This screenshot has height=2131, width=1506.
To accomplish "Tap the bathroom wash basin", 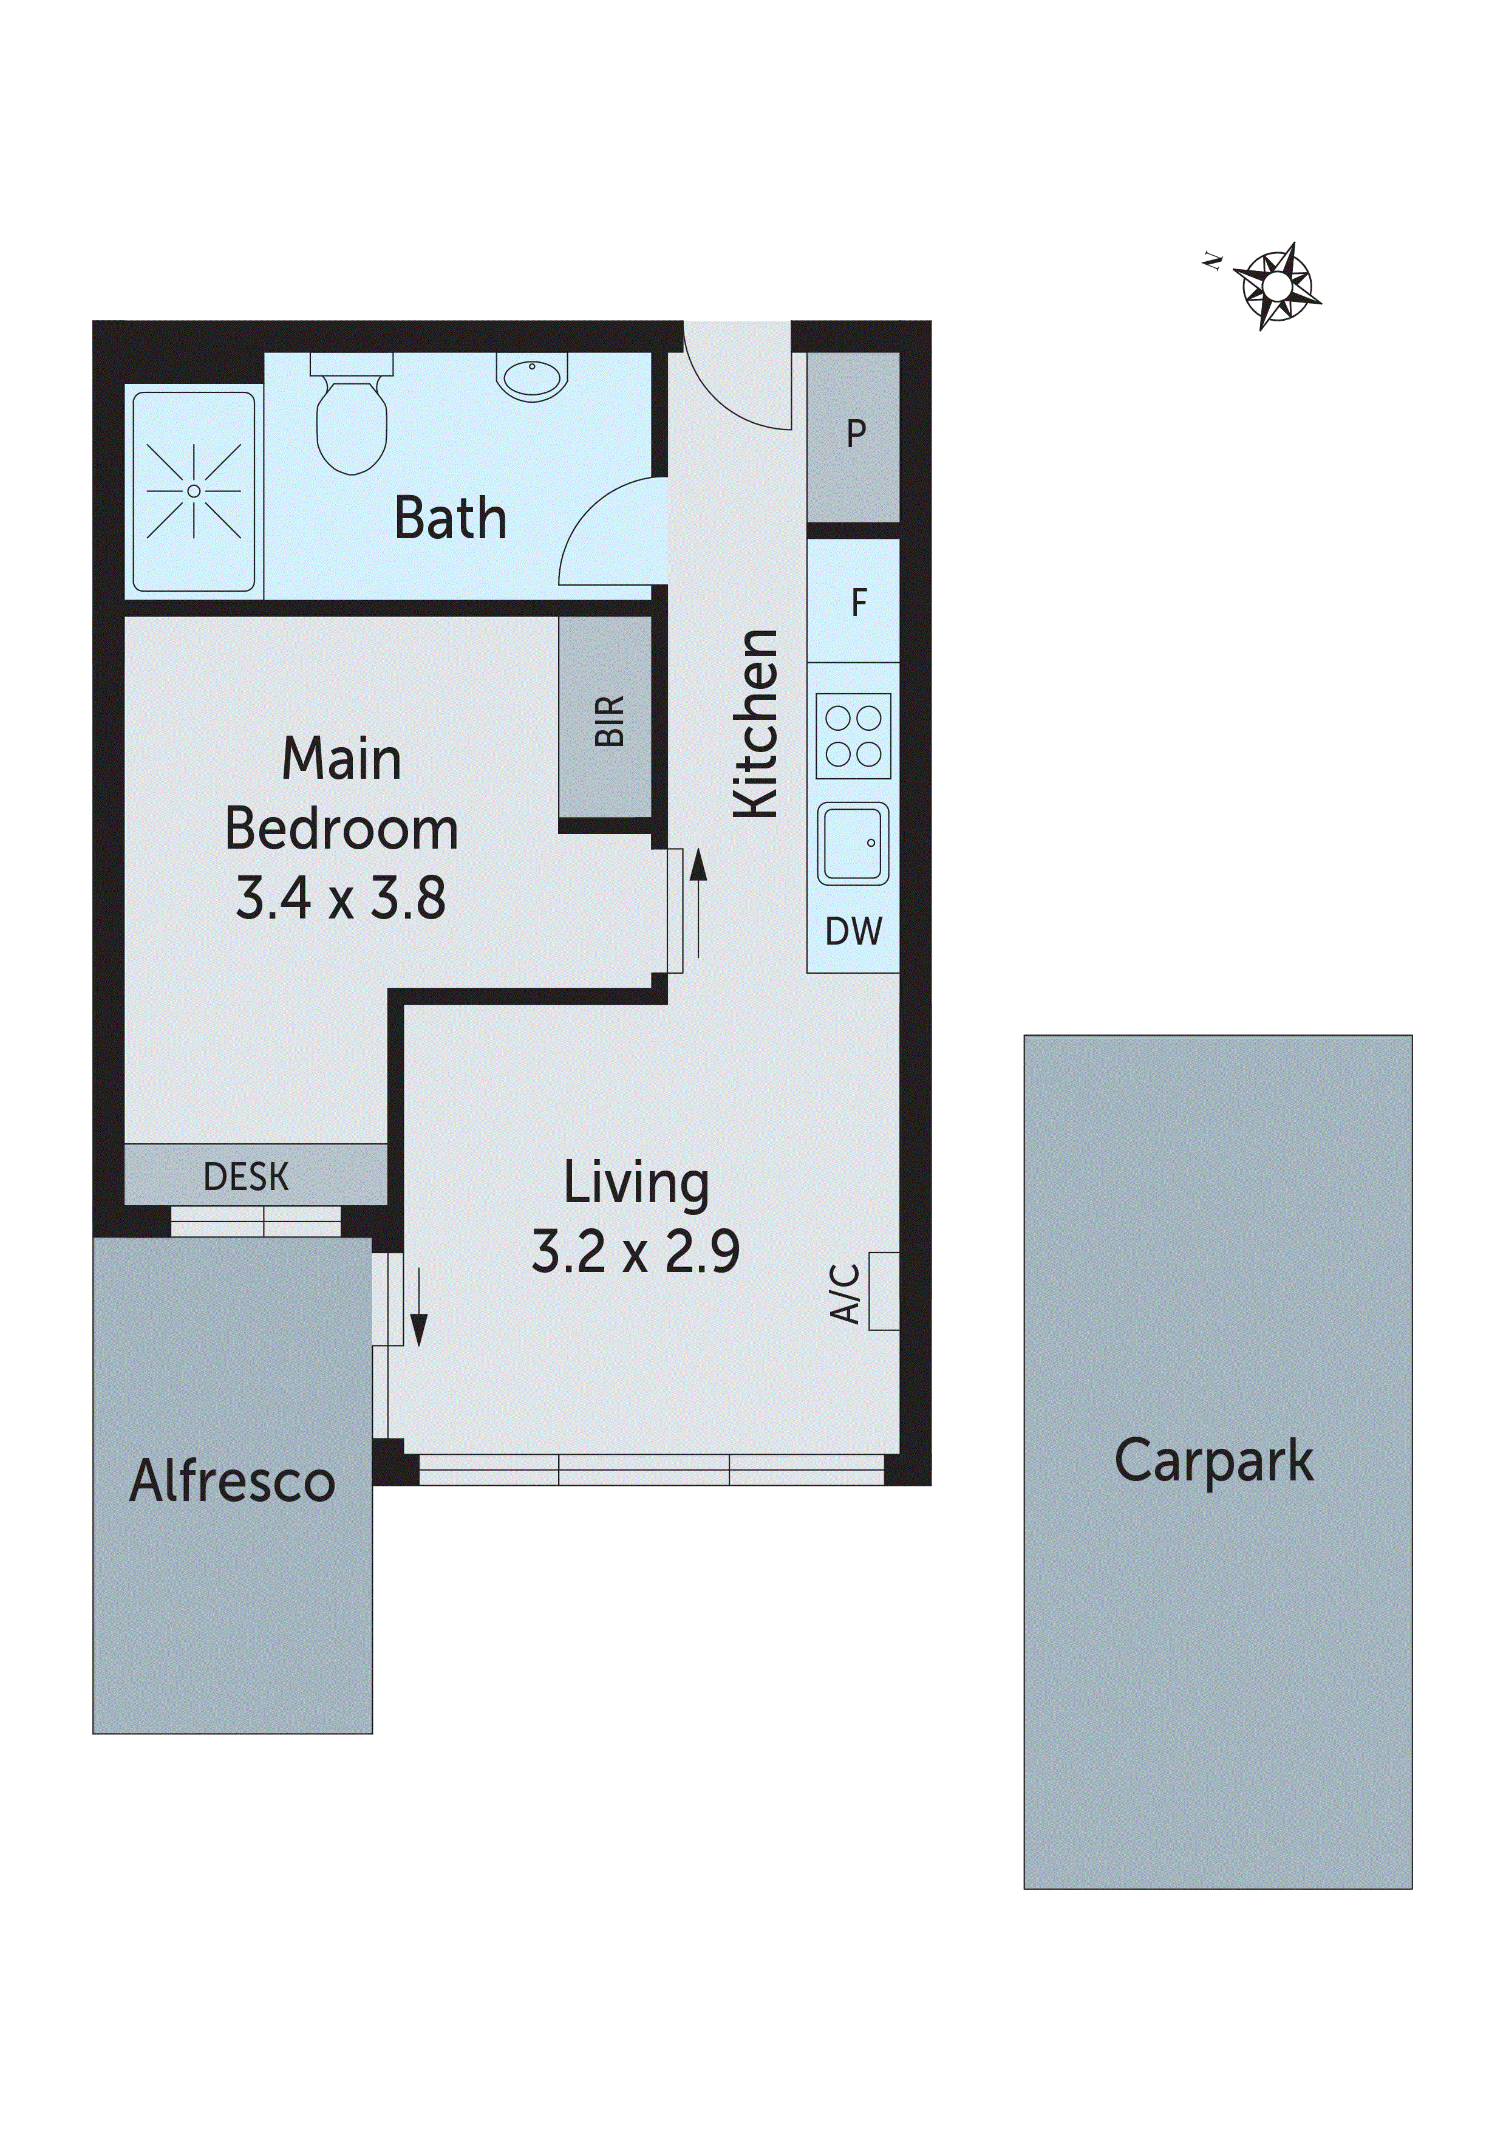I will (x=532, y=376).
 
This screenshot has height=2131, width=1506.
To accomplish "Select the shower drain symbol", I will (x=193, y=491).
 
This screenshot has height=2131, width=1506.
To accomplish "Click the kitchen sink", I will (x=852, y=843).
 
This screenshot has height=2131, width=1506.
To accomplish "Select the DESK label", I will (x=246, y=1177).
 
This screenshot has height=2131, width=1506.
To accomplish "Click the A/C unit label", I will (x=845, y=1292).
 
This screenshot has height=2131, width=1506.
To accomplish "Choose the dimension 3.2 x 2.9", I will (x=636, y=1251).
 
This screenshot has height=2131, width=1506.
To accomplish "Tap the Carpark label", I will (x=1214, y=1461).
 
